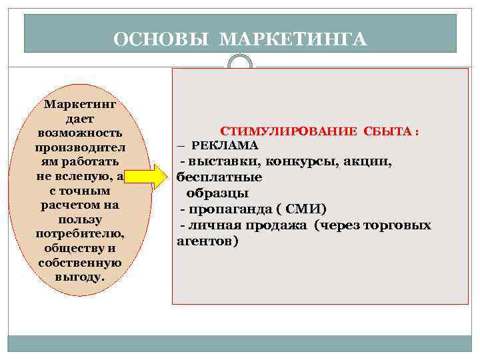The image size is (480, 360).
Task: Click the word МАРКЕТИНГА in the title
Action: [x=293, y=39]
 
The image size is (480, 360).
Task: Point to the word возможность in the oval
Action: [x=80, y=133]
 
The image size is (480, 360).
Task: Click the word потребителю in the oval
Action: [x=80, y=234]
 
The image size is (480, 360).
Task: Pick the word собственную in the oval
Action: [x=80, y=262]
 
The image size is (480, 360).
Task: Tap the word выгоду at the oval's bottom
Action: [x=80, y=276]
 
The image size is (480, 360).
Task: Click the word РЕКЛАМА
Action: [x=225, y=145]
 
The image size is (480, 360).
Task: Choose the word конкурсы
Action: [x=300, y=161]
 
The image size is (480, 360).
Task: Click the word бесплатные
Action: [x=219, y=178]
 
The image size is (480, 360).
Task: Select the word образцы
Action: [x=217, y=194]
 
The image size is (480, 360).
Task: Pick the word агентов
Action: [x=207, y=241]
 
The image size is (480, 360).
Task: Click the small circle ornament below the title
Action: [x=240, y=63]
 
